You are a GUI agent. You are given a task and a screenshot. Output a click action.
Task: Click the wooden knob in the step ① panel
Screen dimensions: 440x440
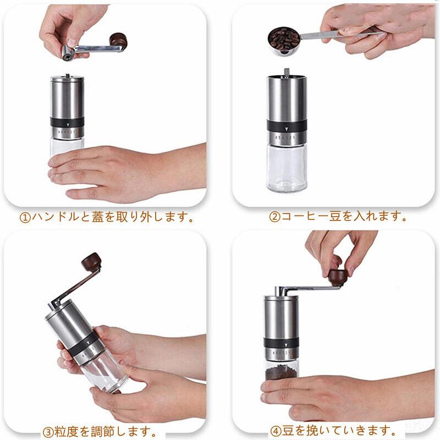(x=118, y=40)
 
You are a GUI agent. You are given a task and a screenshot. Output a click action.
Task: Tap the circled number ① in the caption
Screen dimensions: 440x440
(x=25, y=217)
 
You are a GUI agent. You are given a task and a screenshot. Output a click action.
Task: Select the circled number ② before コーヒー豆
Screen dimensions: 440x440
(x=274, y=217)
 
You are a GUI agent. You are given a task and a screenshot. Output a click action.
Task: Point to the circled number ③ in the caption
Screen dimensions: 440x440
(x=48, y=431)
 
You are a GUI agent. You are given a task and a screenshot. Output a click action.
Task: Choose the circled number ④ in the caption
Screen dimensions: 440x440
(x=276, y=431)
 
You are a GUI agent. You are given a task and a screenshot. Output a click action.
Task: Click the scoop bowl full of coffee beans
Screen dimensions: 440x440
(x=284, y=40)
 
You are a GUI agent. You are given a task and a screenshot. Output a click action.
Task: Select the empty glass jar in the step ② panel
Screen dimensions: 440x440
(x=287, y=168)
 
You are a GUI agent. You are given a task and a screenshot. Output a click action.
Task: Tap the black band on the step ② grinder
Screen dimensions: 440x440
(x=287, y=125)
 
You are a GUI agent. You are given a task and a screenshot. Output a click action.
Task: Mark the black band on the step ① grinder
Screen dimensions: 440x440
(x=67, y=122)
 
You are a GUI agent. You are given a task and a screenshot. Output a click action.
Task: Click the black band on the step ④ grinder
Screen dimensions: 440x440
(x=281, y=343)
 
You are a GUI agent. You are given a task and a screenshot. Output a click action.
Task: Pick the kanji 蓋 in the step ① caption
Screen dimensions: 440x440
(x=98, y=217)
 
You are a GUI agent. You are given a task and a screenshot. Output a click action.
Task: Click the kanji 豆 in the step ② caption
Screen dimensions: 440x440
(x=335, y=216)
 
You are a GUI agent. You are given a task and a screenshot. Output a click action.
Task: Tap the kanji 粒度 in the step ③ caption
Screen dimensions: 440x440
(x=66, y=431)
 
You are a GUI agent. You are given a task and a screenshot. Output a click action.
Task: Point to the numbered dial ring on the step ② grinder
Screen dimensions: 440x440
(x=286, y=138)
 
